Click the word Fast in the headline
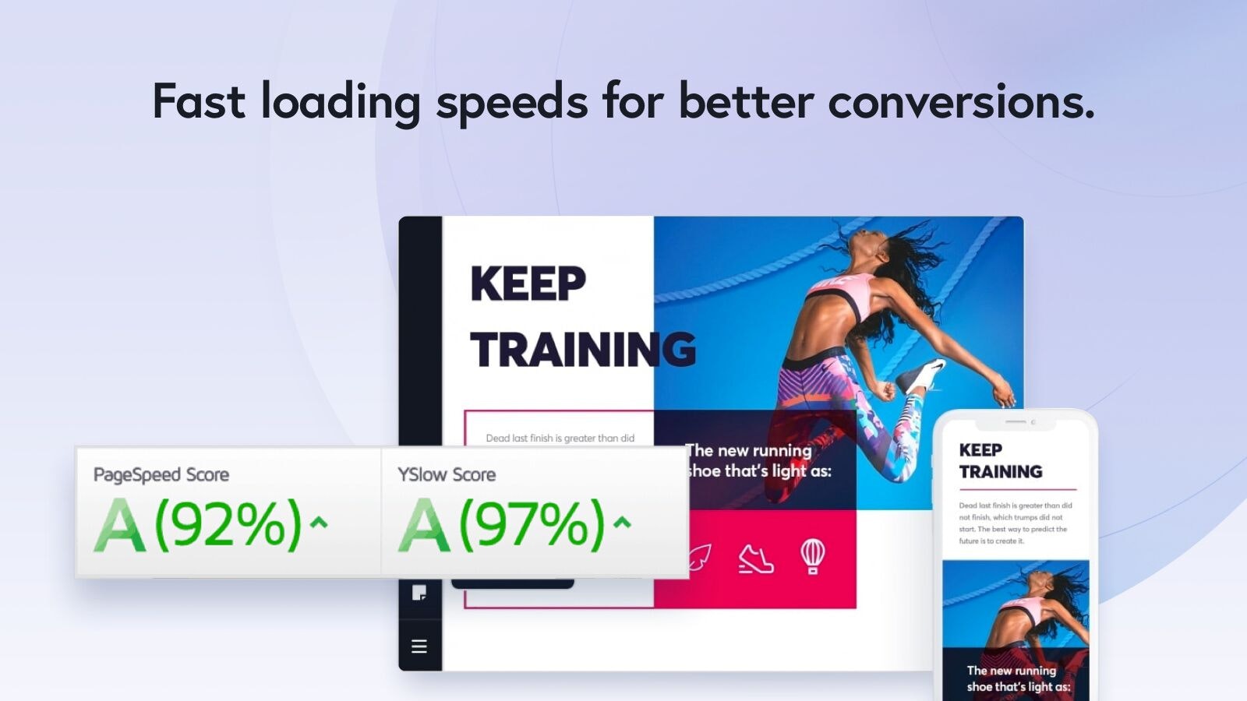[x=199, y=101]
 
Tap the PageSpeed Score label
[x=161, y=474]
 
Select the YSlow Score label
[x=447, y=474]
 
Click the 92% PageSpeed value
[x=228, y=524]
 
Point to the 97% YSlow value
[x=532, y=524]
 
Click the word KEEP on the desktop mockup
[x=528, y=284]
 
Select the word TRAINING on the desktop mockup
[x=583, y=350]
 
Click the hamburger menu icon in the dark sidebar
[x=419, y=646]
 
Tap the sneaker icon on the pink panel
[x=755, y=558]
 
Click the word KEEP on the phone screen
[x=980, y=450]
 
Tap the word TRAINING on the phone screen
[x=1001, y=472]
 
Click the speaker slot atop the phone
[x=1015, y=422]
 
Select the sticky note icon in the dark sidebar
[x=419, y=593]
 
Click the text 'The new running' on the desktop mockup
[x=749, y=450]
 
